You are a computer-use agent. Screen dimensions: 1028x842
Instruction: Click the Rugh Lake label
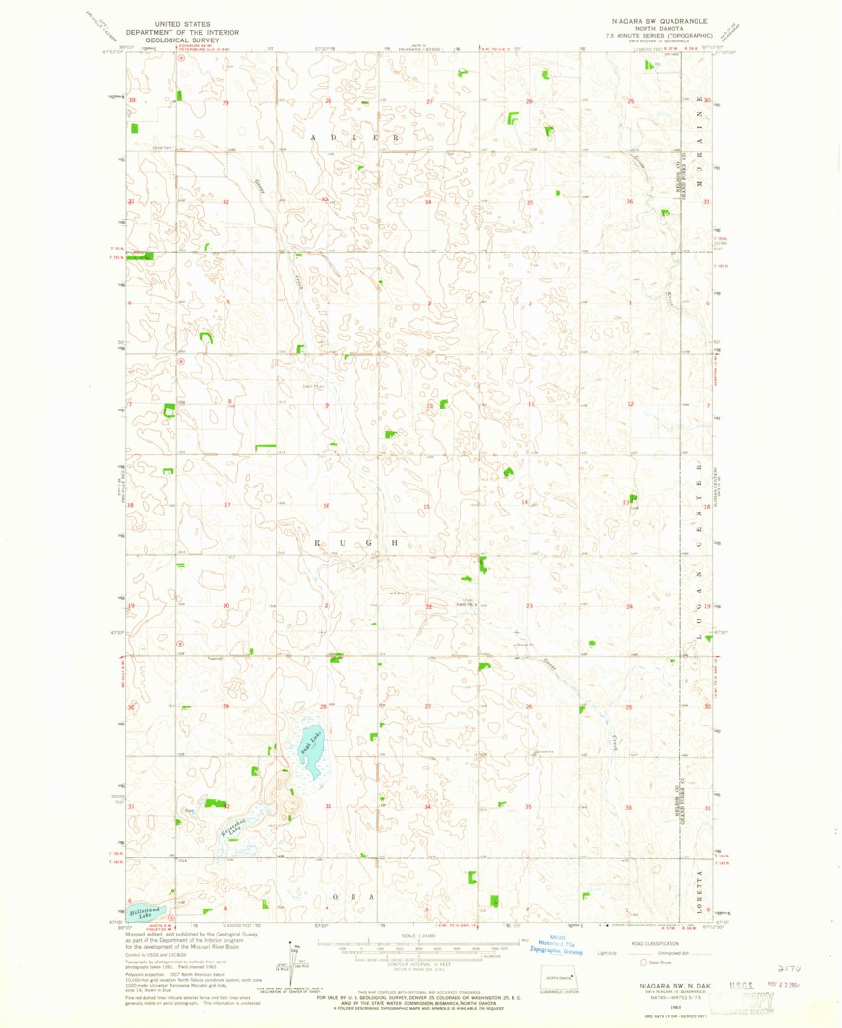point(309,743)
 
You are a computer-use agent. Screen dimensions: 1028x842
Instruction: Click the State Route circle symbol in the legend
point(644,961)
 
